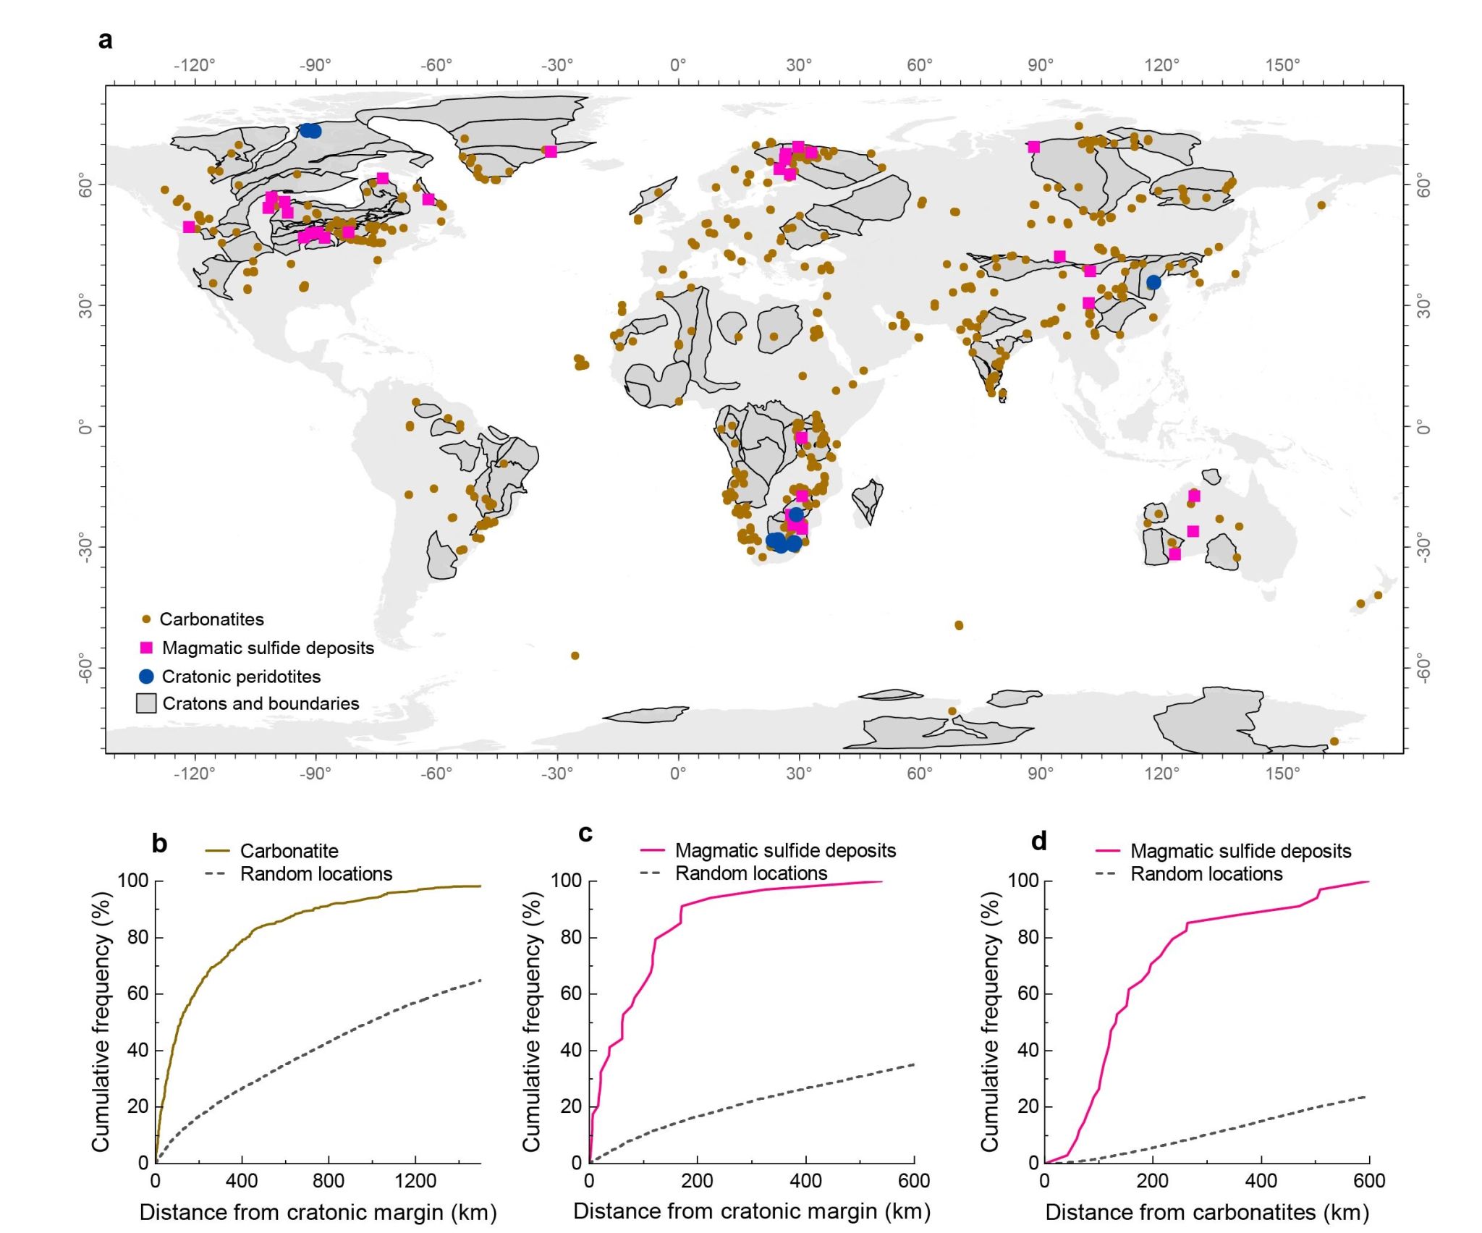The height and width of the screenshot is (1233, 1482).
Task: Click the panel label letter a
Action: tap(106, 40)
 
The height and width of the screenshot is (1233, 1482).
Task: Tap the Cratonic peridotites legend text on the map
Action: tap(241, 677)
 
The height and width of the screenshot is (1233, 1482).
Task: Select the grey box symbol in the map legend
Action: tap(146, 703)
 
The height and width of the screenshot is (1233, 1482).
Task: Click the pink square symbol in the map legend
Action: tap(146, 648)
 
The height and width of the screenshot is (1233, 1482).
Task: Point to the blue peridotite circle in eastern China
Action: tap(1153, 282)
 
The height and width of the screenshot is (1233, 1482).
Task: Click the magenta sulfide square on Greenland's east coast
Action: tap(551, 152)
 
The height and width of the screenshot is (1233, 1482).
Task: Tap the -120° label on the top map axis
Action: tap(194, 65)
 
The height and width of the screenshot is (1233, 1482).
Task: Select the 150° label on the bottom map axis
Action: tap(1282, 774)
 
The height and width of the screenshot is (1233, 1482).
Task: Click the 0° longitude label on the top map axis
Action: tap(678, 65)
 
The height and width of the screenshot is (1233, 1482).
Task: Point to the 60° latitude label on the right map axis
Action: tap(1423, 185)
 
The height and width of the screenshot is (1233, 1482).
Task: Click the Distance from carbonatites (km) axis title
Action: tap(1207, 1212)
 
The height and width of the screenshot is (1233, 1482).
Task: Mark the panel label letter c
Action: tap(585, 834)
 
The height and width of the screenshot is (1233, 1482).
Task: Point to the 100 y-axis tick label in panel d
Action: tap(1022, 881)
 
